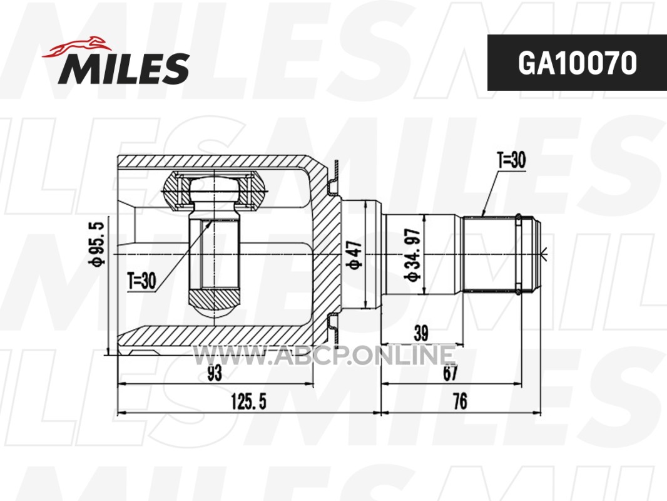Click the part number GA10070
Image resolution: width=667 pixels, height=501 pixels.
click(577, 63)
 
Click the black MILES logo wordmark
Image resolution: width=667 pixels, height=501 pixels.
click(124, 68)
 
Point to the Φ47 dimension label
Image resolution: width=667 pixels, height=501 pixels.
click(355, 255)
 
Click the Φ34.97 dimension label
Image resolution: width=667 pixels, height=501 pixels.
click(412, 255)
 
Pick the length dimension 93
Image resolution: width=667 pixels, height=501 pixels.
click(215, 373)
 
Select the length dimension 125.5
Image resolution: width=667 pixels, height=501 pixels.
click(248, 401)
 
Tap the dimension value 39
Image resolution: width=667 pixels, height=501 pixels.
click(420, 333)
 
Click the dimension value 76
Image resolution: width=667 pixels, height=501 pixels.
click(461, 401)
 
